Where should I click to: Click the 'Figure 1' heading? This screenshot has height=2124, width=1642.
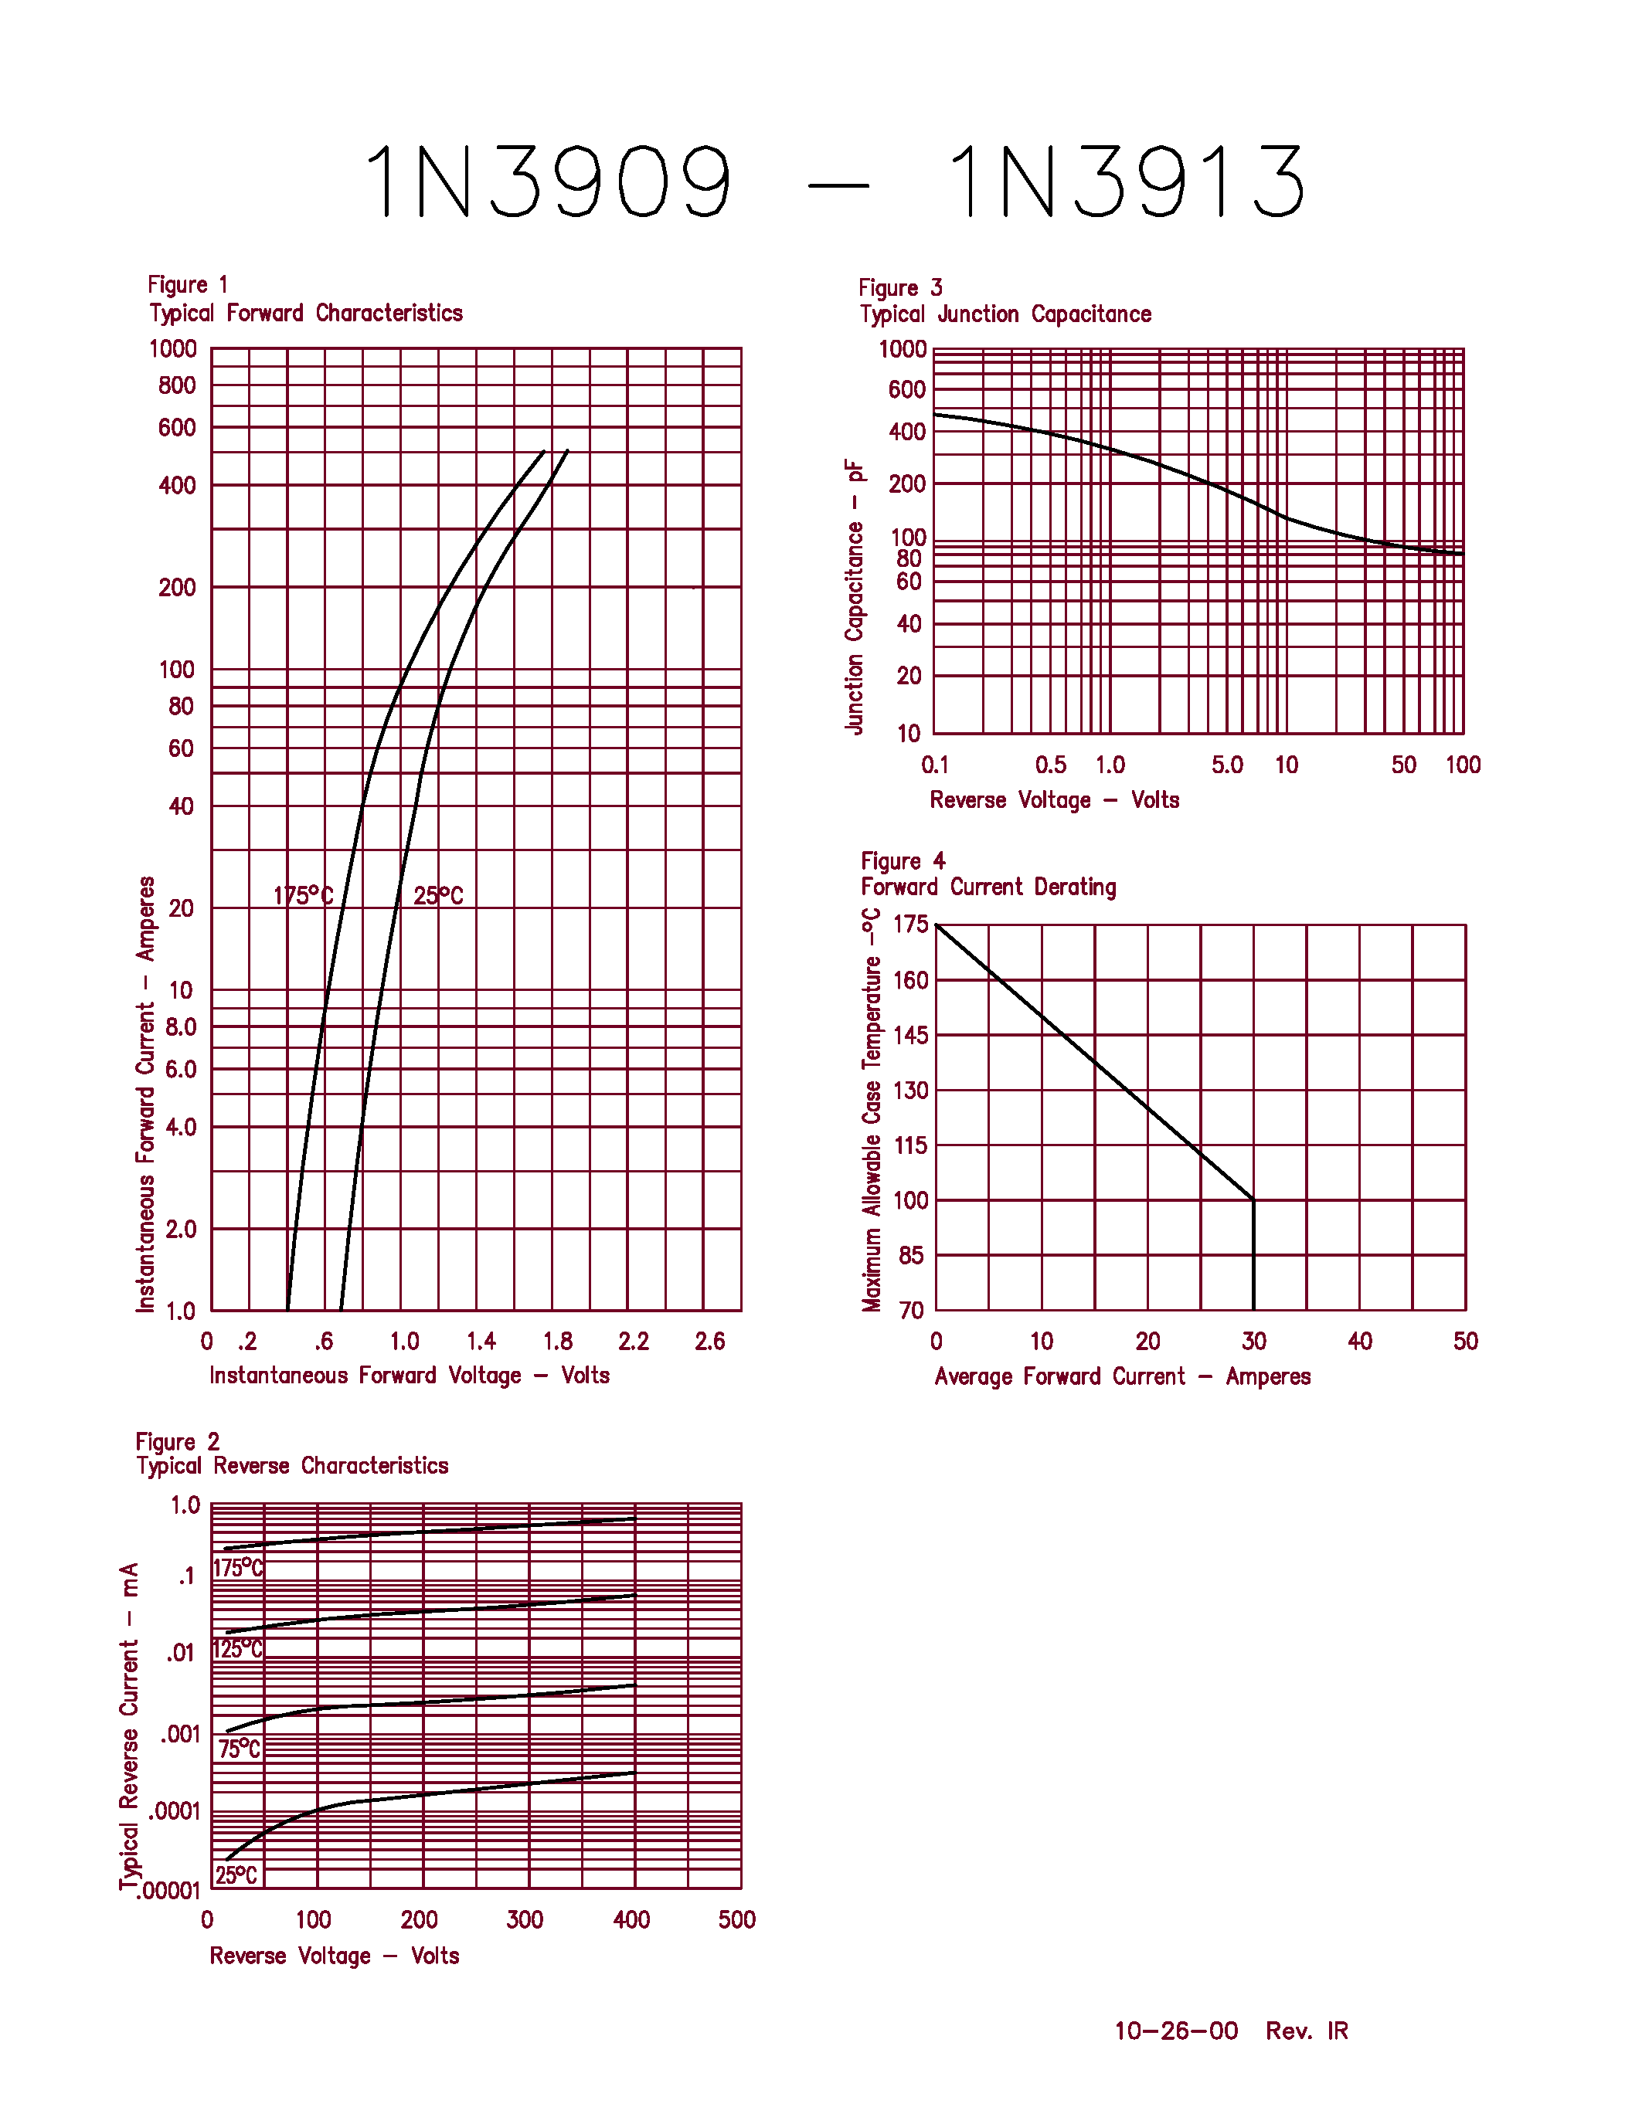click(x=187, y=285)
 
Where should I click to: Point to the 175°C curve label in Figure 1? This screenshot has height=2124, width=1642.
click(x=303, y=896)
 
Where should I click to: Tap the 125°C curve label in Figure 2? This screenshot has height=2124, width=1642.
click(x=237, y=1650)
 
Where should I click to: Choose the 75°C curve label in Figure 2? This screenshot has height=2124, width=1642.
click(x=240, y=1749)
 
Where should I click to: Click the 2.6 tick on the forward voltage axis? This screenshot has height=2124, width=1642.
click(x=709, y=1342)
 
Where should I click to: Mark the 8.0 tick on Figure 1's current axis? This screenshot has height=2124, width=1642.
click(x=181, y=1027)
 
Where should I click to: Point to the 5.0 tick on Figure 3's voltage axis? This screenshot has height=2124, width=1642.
click(x=1226, y=765)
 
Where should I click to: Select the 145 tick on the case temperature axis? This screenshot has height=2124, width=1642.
click(x=910, y=1036)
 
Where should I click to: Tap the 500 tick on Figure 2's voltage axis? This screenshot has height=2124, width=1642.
click(x=736, y=1920)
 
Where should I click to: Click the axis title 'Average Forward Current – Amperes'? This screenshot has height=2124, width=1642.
click(x=1121, y=1377)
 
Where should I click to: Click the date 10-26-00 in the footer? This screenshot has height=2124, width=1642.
click(x=1176, y=2031)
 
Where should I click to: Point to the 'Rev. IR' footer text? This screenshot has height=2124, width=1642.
click(x=1307, y=2031)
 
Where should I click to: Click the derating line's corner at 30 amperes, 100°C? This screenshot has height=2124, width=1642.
click(x=1253, y=1200)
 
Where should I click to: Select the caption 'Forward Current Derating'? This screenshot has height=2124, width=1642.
click(x=988, y=887)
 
